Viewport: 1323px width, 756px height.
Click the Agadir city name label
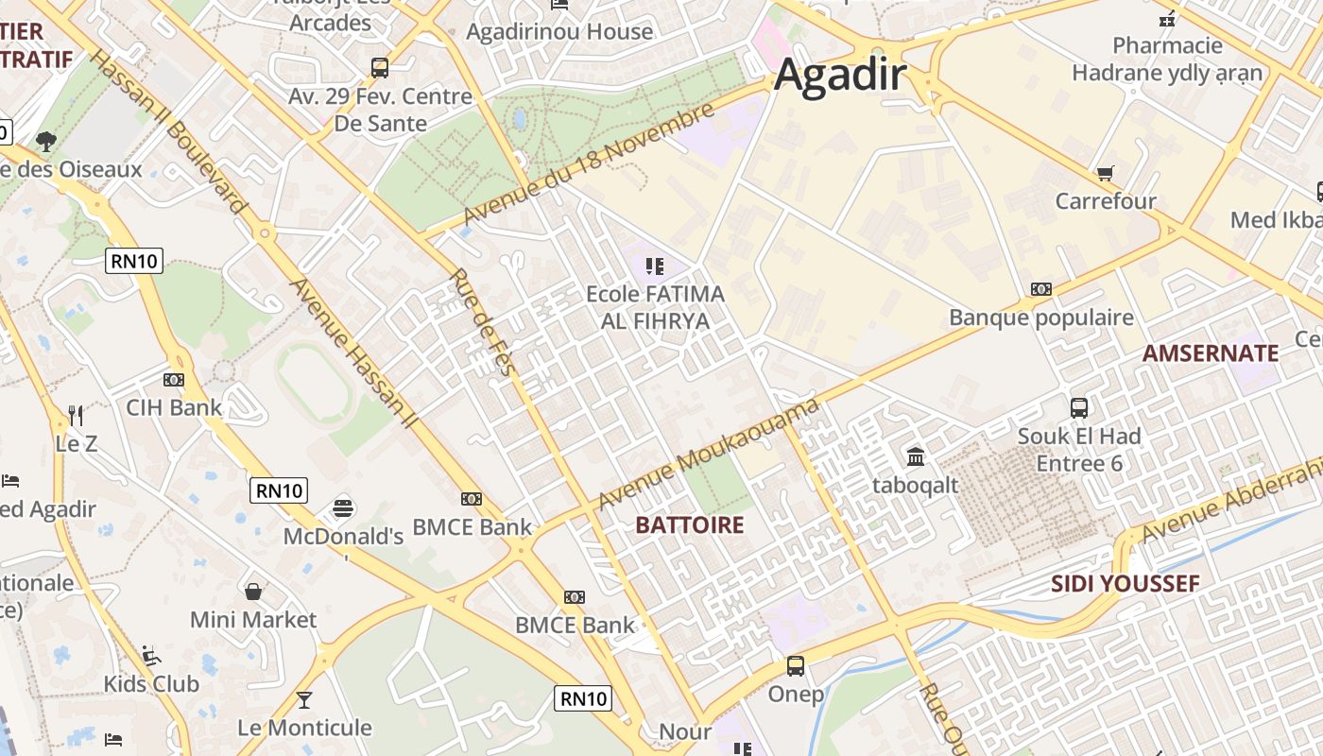tap(840, 76)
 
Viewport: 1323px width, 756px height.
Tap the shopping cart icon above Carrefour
tap(1105, 173)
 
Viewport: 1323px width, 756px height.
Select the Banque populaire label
tap(1040, 318)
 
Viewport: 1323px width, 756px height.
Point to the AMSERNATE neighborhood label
tap(1210, 353)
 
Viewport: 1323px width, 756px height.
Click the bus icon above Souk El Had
tap(1078, 408)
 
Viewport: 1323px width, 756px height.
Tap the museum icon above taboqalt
tap(915, 457)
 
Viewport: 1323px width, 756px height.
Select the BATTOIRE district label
tap(690, 525)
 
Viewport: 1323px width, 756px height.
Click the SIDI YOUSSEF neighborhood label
tap(1125, 584)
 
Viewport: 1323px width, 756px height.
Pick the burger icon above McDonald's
tap(343, 508)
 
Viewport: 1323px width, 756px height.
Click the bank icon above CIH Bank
tap(174, 379)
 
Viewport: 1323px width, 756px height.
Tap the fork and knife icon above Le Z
tap(76, 415)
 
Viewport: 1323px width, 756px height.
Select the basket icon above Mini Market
tap(252, 592)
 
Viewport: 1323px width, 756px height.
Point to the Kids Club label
tap(151, 684)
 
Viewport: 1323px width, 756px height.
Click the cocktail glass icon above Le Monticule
tap(303, 699)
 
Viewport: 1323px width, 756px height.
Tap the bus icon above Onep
tap(796, 666)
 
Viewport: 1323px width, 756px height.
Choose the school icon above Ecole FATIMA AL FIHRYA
tap(655, 266)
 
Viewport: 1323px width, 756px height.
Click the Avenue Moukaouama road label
tap(709, 454)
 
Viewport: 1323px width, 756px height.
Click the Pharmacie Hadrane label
tap(1167, 59)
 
